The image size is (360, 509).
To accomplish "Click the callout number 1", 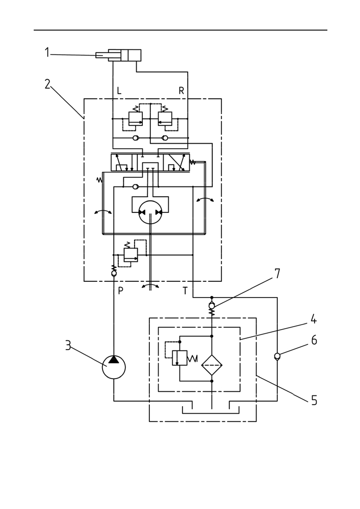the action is tap(47, 52).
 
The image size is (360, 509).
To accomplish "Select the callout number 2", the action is tap(47, 84).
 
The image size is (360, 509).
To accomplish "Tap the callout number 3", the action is tap(68, 345).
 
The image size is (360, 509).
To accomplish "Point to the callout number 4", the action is tap(313, 319).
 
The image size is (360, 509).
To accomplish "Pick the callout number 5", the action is tap(314, 400).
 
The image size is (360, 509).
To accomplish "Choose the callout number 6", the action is tap(314, 340).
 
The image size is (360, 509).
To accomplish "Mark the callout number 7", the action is tap(277, 274).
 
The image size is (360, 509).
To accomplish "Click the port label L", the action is tap(119, 91).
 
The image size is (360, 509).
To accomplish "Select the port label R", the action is tap(182, 91).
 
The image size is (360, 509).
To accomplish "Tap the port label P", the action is tap(120, 291).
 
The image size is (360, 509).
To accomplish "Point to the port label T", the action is tap(185, 291).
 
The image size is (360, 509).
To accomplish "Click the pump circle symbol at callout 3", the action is tap(113, 367).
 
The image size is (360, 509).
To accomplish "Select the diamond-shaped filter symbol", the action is tap(212, 364).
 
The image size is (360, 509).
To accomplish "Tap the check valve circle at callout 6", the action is tap(277, 356).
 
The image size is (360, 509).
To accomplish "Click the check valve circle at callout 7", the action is tap(212, 306).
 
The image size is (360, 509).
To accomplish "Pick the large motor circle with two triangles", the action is tap(150, 212).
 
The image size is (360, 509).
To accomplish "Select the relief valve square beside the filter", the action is tap(180, 358).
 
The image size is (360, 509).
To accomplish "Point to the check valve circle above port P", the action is tap(114, 274).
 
